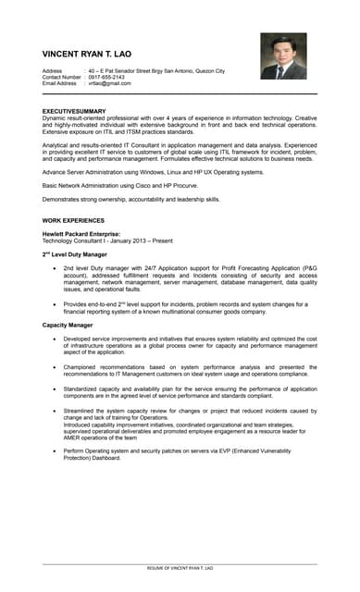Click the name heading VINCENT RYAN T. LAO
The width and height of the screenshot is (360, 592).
pyautogui.click(x=99, y=54)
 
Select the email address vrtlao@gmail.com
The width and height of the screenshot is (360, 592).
pyautogui.click(x=109, y=83)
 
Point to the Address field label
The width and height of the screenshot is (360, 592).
pyautogui.click(x=53, y=70)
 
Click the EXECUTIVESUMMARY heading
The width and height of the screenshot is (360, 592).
pyautogui.click(x=75, y=111)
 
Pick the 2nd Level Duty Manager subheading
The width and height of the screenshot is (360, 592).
pyautogui.click(x=75, y=253)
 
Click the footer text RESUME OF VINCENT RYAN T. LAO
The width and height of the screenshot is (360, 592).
pyautogui.click(x=180, y=567)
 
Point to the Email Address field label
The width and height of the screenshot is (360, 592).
pyautogui.click(x=60, y=83)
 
